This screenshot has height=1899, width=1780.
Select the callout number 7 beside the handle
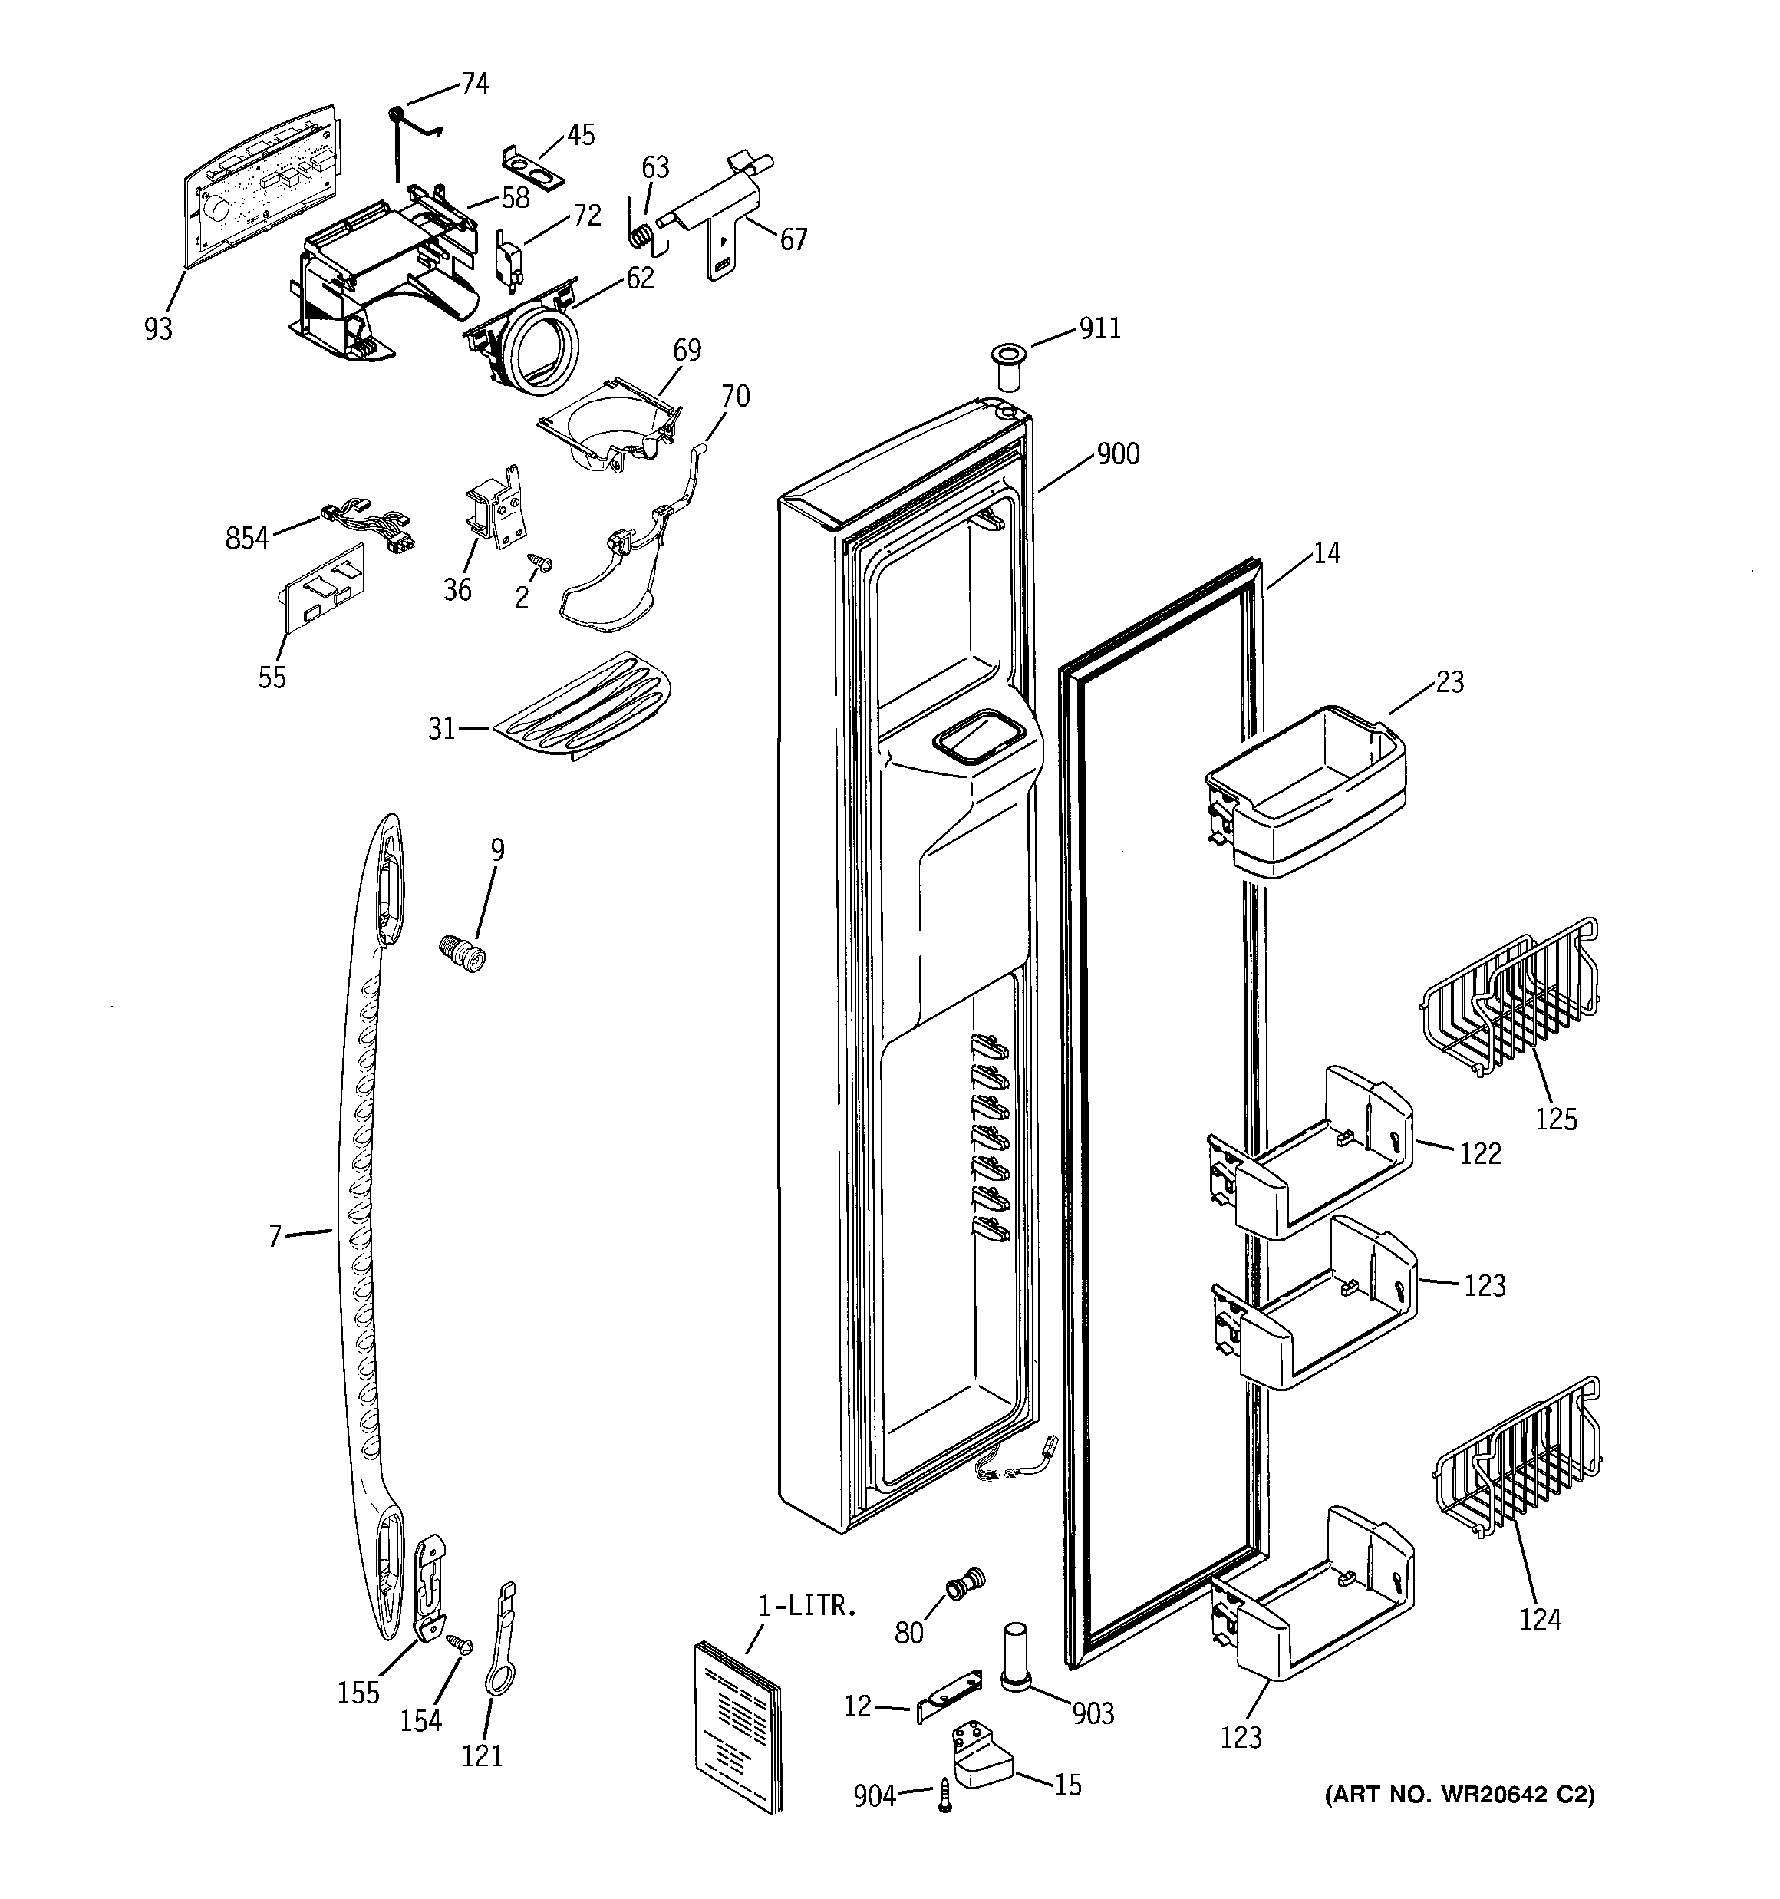pos(275,1236)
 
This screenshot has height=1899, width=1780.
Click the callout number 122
pos(1480,1153)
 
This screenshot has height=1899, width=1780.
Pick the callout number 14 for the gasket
pos(1326,552)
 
